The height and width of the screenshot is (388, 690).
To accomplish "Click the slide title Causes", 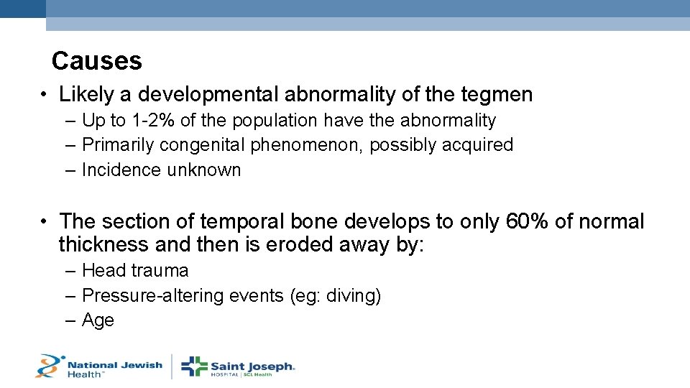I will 96,61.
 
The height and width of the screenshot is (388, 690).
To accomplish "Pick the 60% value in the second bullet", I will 528,221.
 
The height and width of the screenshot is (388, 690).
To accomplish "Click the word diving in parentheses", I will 352,296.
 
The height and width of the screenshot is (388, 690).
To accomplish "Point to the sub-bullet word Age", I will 98,320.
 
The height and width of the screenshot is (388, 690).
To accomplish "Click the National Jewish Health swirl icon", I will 49,366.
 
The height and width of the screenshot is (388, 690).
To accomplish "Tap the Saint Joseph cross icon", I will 194,366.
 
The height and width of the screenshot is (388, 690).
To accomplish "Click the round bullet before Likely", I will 45,95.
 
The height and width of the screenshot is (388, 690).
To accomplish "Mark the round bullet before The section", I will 45,222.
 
